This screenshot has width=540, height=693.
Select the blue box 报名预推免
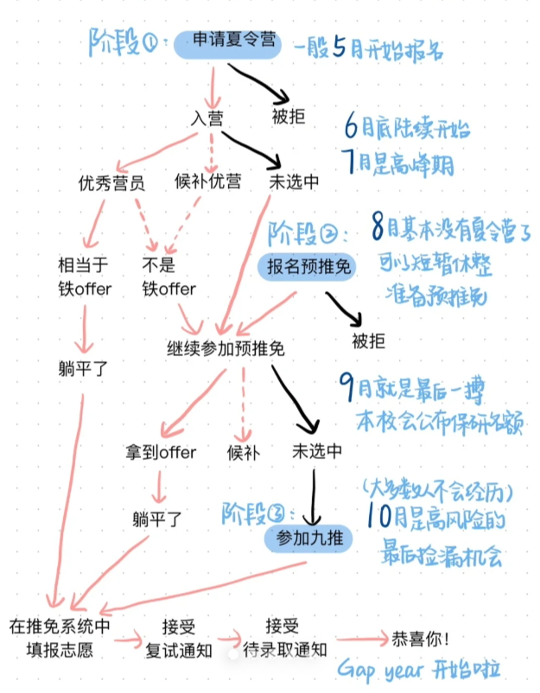click(x=306, y=267)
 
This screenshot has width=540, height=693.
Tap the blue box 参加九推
click(x=308, y=538)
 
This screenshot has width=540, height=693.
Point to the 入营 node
click(x=207, y=117)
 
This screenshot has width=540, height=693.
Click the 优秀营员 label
click(x=111, y=183)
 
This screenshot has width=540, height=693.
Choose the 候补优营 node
click(x=208, y=183)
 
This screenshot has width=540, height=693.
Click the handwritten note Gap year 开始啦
click(x=420, y=671)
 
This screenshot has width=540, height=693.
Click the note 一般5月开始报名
click(x=368, y=49)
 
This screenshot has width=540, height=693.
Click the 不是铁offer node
click(x=169, y=277)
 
